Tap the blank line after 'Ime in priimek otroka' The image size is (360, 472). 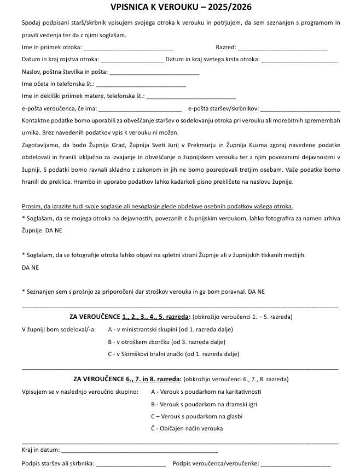click(128, 48)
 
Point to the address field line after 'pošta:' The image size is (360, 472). click(154, 72)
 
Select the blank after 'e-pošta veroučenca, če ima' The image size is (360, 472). click(140, 108)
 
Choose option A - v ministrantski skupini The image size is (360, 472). click(170, 329)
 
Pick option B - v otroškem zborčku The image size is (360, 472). click(166, 342)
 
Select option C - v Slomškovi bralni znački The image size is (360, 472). click(173, 354)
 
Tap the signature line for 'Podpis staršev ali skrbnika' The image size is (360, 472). click(131, 464)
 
